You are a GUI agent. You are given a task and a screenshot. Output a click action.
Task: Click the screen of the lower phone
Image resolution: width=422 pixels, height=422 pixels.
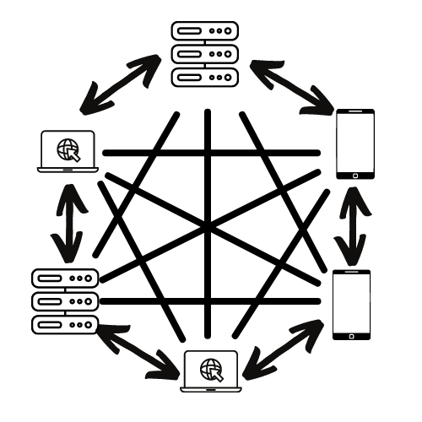pyautogui.click(x=352, y=302)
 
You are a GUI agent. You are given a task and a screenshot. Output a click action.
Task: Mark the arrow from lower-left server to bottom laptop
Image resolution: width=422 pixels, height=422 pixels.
pyautogui.click(x=139, y=351)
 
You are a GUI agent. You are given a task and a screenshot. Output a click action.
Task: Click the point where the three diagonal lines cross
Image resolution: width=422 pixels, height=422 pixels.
pyautogui.click(x=208, y=226)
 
